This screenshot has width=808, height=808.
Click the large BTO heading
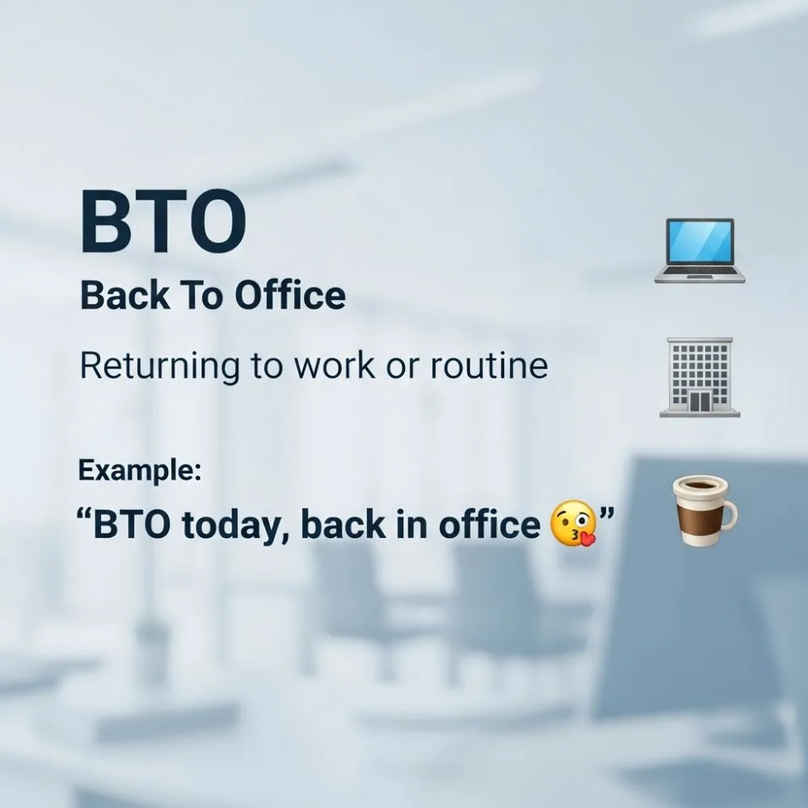(162, 221)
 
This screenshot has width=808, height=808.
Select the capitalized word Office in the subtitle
(290, 296)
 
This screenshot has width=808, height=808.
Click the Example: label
(139, 470)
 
